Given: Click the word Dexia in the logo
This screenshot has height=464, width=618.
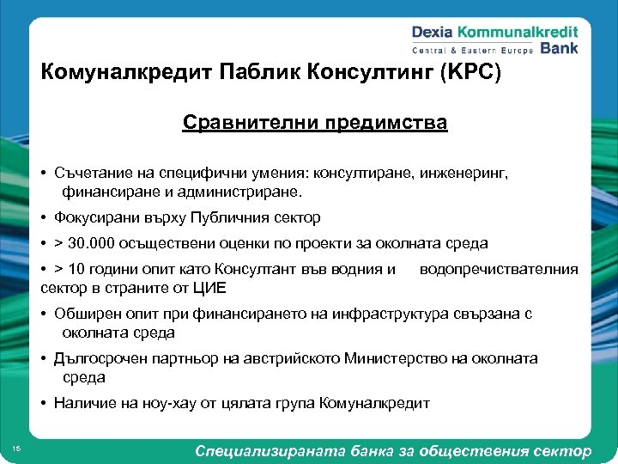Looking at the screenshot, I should tap(434, 33).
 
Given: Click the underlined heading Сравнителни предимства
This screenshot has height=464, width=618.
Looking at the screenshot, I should tap(314, 123).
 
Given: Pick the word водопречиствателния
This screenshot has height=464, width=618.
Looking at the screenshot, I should tap(499, 270).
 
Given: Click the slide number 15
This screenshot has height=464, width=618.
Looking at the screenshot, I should tap(18, 448).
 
